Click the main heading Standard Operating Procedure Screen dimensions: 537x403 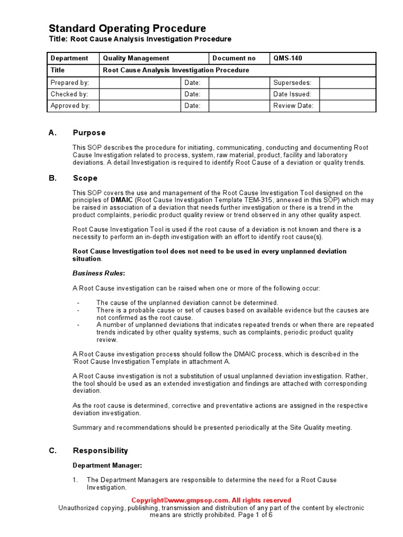click(x=127, y=28)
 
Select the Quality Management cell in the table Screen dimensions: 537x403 click(x=136, y=58)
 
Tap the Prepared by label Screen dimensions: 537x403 click(x=70, y=82)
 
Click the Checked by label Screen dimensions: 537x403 click(x=69, y=94)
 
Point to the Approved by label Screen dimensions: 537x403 click(x=70, y=105)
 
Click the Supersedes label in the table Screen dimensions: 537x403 click(x=292, y=82)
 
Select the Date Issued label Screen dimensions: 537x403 click(x=292, y=94)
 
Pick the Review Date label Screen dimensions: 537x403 click(x=293, y=105)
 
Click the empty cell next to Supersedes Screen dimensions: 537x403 click(x=347, y=82)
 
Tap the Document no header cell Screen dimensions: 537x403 click(x=235, y=58)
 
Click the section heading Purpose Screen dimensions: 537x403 click(x=89, y=133)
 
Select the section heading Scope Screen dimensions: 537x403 click(x=85, y=178)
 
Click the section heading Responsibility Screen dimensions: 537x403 click(x=100, y=450)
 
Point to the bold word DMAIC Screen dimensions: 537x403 click(x=122, y=200)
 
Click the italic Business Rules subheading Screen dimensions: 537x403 click(x=99, y=273)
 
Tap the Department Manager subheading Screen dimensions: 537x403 click(x=107, y=465)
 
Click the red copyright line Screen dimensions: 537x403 click(x=211, y=500)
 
